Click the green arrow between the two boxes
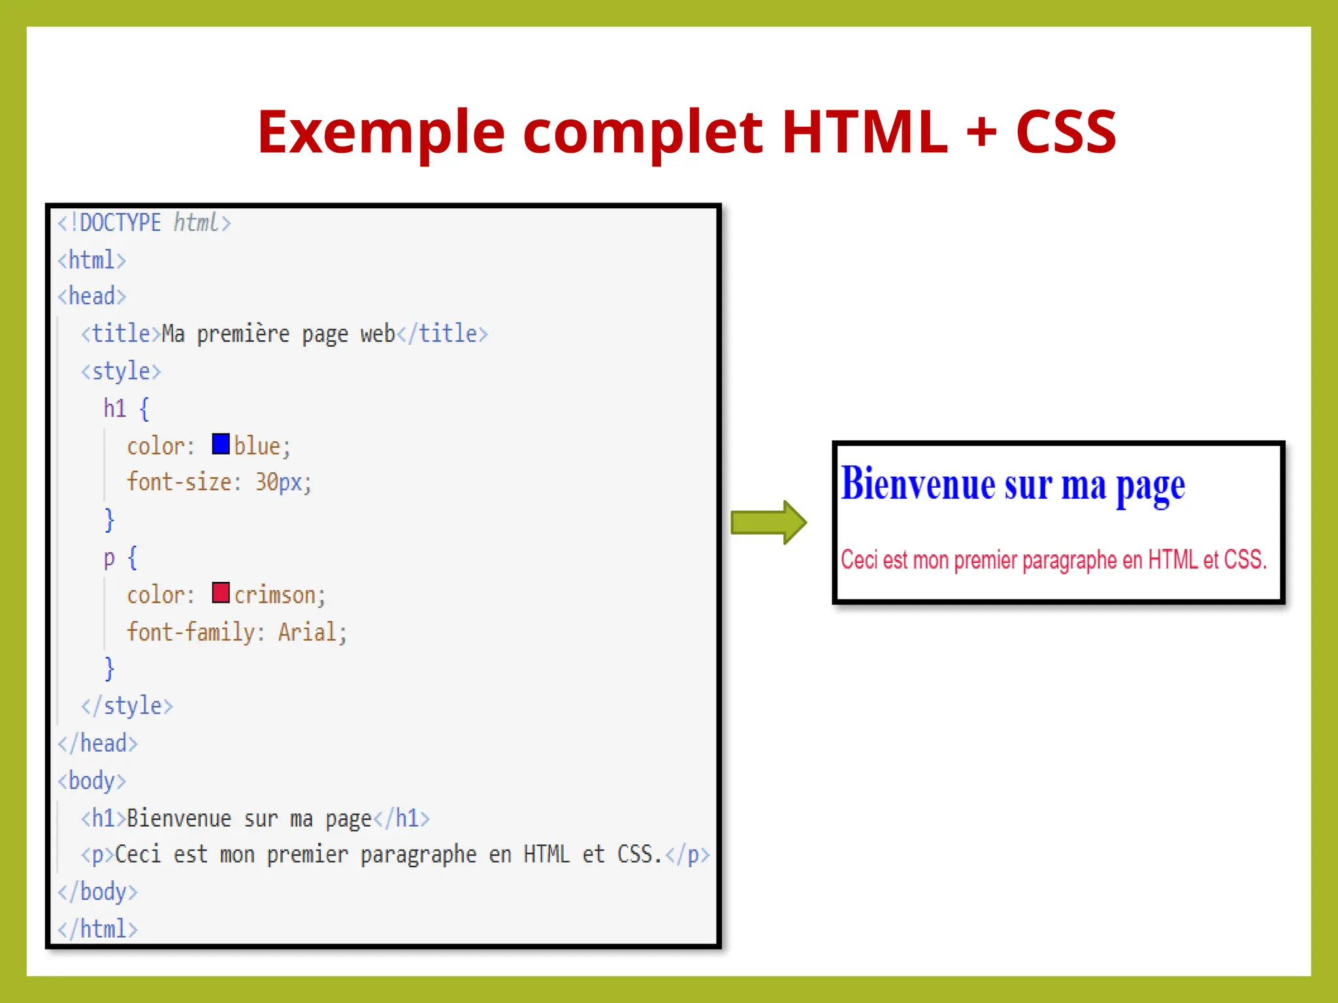(768, 522)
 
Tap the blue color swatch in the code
(221, 444)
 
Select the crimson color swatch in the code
(221, 593)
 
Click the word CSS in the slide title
(1066, 133)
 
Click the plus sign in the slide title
(981, 133)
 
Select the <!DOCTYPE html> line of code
(144, 223)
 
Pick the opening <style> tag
(121, 372)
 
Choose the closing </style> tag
(127, 707)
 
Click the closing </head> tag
(98, 744)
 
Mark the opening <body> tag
(92, 781)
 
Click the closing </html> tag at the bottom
(98, 929)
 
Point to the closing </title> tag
(442, 334)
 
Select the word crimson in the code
(275, 595)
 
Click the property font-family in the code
(191, 632)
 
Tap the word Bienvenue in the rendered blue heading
(918, 485)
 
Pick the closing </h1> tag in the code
(401, 818)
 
